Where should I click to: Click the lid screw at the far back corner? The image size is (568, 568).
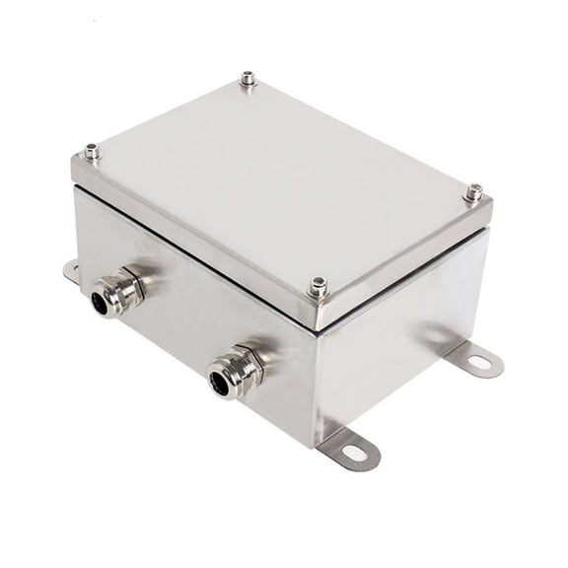pyautogui.click(x=248, y=79)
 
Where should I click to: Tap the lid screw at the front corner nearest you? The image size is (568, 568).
pyautogui.click(x=318, y=287)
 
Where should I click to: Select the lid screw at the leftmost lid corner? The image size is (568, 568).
pyautogui.click(x=92, y=152)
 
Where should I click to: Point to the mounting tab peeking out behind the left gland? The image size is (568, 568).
pyautogui.click(x=70, y=269)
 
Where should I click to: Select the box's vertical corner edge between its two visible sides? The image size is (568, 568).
pyautogui.click(x=317, y=380)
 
